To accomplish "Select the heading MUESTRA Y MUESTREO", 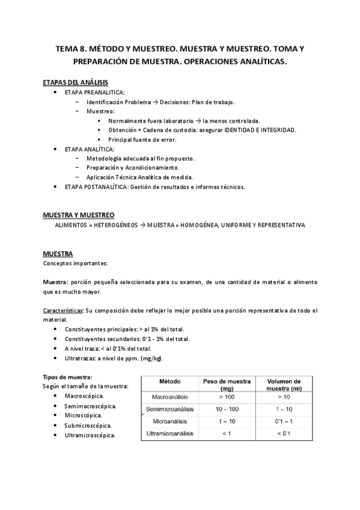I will [x=79, y=215].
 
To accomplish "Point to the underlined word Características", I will [x=63, y=310].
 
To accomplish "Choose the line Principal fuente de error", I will [x=142, y=140].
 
